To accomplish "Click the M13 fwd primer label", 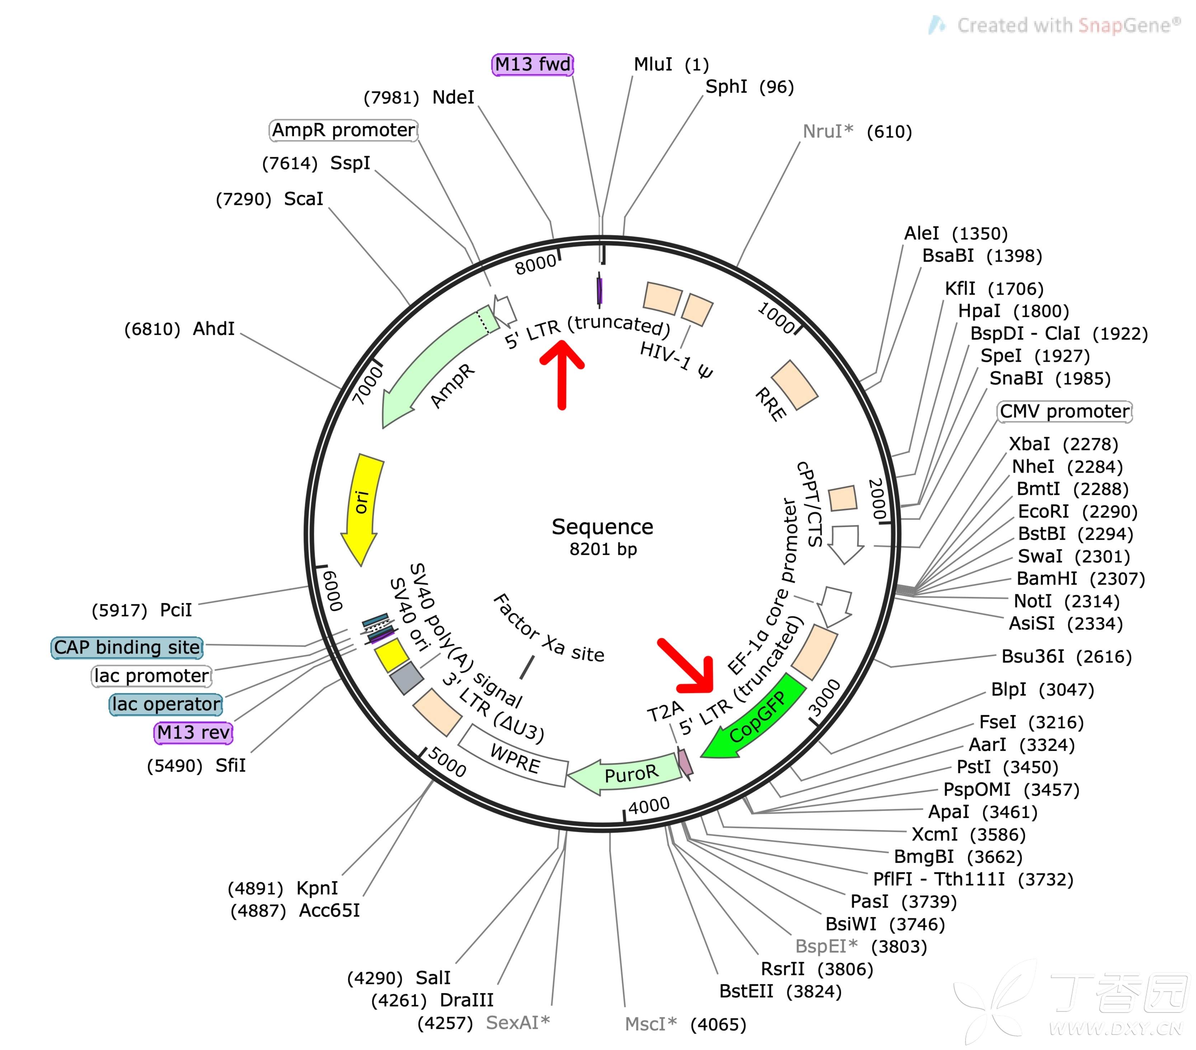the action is (532, 64).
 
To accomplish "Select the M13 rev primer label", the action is (193, 732).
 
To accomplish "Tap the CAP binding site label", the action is (127, 647).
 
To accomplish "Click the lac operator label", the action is (166, 704).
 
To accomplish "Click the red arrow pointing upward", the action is (562, 375).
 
